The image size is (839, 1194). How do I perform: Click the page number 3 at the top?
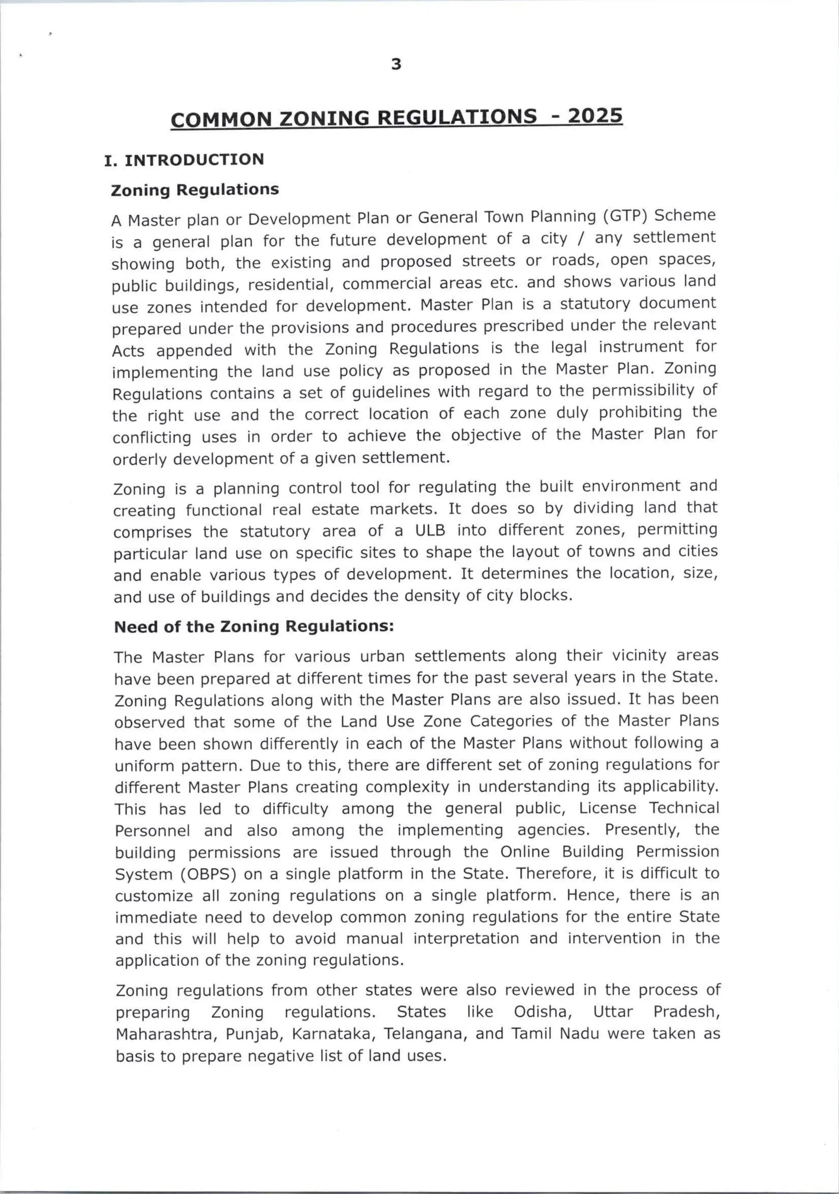[396, 65]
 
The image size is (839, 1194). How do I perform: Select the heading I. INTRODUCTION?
[184, 160]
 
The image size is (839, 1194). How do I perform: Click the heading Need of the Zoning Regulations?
[254, 627]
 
